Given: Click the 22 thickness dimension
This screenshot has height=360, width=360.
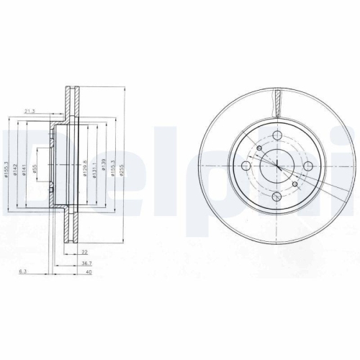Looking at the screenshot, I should click(x=84, y=252).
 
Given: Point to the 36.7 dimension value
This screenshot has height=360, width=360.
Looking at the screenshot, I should click(x=86, y=263).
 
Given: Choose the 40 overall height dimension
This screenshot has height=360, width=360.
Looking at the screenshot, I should click(x=89, y=274).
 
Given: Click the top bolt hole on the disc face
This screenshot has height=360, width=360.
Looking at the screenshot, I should click(x=277, y=135).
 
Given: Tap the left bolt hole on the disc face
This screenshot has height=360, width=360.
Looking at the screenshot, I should click(x=246, y=167).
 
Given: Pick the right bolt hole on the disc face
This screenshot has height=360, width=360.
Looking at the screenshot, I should click(x=309, y=167).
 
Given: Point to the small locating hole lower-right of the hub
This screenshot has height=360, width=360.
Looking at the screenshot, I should click(x=295, y=185).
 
